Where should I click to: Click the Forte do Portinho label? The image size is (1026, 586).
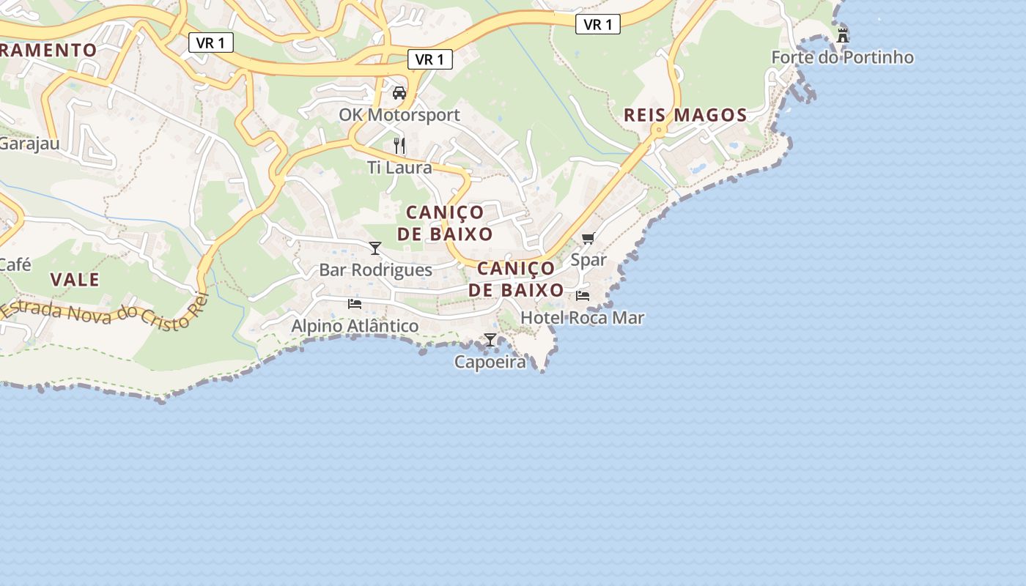click(842, 57)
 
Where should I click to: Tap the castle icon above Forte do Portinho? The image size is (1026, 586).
click(843, 34)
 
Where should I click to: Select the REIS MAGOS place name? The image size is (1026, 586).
click(685, 115)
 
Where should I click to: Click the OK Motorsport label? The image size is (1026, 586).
click(399, 115)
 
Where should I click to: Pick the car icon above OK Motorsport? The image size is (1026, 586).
click(399, 93)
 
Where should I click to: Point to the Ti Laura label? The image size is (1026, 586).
click(399, 168)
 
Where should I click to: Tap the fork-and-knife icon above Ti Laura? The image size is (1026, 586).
click(399, 146)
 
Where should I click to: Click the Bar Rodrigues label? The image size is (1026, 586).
click(375, 270)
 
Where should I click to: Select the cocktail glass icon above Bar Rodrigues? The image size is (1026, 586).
click(375, 248)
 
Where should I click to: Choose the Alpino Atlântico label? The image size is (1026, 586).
click(355, 326)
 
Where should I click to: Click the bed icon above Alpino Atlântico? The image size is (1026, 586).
click(355, 303)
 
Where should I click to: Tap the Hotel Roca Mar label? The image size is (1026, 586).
click(582, 318)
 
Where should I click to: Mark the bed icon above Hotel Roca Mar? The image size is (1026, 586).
click(583, 295)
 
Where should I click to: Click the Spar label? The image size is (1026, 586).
click(588, 260)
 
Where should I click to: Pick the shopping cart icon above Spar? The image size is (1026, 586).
click(588, 238)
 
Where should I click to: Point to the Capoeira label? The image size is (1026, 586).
click(490, 362)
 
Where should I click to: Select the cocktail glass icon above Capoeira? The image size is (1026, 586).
click(490, 340)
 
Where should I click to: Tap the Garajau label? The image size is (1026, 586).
click(29, 144)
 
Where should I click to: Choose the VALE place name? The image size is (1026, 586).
click(75, 280)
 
